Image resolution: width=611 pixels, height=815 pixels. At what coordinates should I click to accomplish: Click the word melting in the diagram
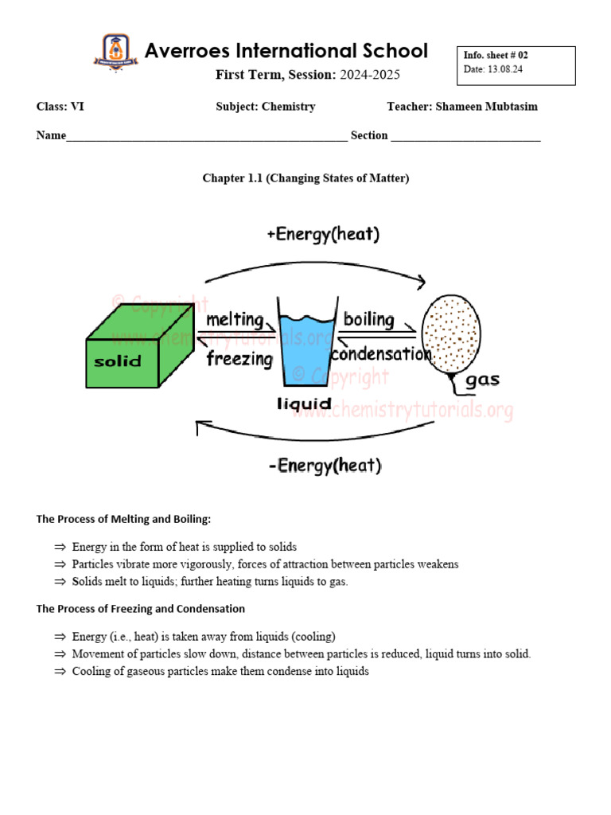[235, 320]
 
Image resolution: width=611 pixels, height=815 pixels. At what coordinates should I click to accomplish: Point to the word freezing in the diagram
[239, 359]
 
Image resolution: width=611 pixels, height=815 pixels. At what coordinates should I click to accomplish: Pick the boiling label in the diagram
[368, 320]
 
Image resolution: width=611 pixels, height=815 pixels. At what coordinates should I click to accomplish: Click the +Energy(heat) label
[323, 234]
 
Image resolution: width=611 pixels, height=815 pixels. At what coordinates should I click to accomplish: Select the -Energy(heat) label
[325, 466]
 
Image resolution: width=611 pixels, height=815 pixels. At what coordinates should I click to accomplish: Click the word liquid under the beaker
[304, 404]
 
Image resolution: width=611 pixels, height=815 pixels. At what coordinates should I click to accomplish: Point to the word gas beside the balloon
[482, 380]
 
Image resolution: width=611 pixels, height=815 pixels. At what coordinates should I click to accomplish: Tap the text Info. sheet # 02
[496, 56]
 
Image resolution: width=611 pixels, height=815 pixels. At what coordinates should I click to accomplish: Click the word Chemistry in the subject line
[288, 107]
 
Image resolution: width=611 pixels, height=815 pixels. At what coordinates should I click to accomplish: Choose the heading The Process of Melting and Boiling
[123, 519]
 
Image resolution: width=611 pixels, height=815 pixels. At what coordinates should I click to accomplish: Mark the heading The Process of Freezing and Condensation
[141, 609]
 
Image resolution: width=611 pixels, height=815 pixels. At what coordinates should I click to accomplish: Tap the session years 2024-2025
[370, 75]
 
